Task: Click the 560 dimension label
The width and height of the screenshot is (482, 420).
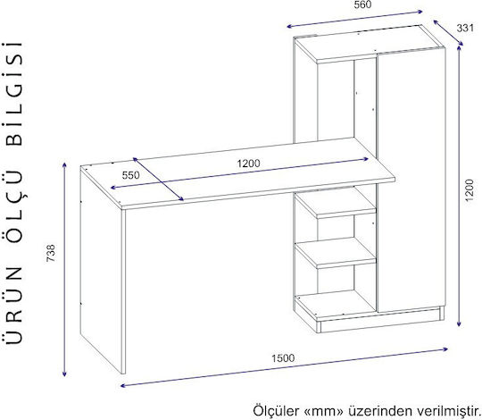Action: tap(362, 4)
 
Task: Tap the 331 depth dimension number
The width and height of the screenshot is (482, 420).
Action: tap(465, 28)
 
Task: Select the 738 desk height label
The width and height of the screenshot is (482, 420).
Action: tap(51, 253)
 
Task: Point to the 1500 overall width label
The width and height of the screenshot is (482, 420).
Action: tap(283, 358)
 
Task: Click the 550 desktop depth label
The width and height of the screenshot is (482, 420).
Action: tap(130, 175)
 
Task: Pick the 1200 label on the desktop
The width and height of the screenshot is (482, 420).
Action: tap(248, 163)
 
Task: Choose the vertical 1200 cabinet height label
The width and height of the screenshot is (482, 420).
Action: tap(469, 190)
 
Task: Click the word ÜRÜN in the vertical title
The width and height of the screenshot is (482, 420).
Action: tap(14, 304)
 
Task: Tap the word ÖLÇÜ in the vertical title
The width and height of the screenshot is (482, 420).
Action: tap(14, 212)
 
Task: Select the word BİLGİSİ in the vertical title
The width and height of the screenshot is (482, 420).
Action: tap(14, 94)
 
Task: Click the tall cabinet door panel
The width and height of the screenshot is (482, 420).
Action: tap(411, 180)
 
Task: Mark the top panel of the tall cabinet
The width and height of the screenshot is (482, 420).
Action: tap(369, 44)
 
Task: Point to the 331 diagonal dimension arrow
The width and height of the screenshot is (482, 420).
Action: tap(448, 33)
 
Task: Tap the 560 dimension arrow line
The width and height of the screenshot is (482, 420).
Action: tap(354, 19)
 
